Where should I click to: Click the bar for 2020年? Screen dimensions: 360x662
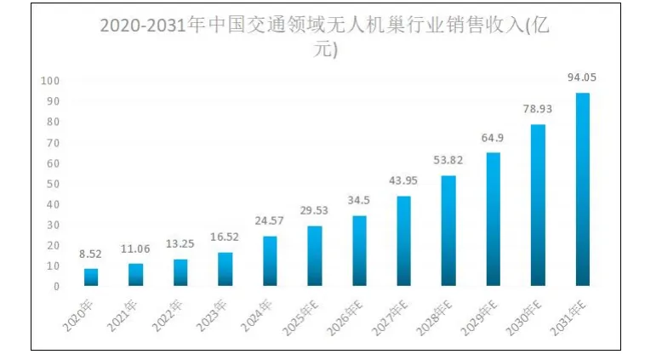point(91,277)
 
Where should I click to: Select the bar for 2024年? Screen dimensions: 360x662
point(270,261)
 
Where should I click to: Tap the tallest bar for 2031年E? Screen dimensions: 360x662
point(583,190)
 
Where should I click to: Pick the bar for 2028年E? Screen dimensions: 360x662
point(448,231)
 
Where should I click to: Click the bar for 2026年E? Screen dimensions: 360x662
point(359,251)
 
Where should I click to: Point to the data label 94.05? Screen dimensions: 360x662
point(582,77)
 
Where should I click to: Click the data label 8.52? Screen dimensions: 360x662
point(91,254)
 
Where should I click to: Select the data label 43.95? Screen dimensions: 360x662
point(404,181)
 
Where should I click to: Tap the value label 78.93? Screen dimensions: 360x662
point(538,109)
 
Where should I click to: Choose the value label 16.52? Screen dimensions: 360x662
point(225,237)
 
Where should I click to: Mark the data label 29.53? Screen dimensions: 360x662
point(315,210)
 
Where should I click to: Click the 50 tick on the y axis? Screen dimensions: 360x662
point(52,184)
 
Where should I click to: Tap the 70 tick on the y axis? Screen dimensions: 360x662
point(52,143)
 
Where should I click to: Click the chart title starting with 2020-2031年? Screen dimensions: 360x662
point(326,37)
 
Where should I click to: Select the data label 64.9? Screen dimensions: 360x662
point(494,138)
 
